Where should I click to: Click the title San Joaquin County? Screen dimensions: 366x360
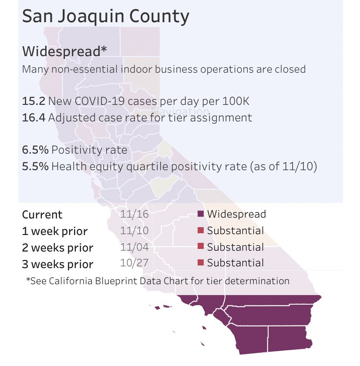click(x=105, y=17)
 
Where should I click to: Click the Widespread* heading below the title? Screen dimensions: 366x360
click(x=64, y=51)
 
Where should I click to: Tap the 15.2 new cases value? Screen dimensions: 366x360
click(x=34, y=101)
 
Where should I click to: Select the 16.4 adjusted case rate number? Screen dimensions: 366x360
click(x=34, y=118)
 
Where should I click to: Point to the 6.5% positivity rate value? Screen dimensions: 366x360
click(x=35, y=150)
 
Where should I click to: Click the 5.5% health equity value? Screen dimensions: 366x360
click(x=35, y=166)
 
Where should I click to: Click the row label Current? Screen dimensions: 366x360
click(x=42, y=215)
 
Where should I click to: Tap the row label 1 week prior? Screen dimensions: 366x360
click(x=55, y=231)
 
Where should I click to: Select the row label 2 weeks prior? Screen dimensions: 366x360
click(x=57, y=248)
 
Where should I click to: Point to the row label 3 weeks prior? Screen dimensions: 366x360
click(x=57, y=264)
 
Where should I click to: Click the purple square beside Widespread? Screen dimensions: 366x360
click(x=201, y=214)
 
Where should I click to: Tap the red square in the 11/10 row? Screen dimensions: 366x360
click(x=201, y=231)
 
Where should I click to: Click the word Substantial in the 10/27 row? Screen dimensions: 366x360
click(x=236, y=263)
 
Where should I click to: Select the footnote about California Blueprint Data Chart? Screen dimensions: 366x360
click(x=158, y=281)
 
